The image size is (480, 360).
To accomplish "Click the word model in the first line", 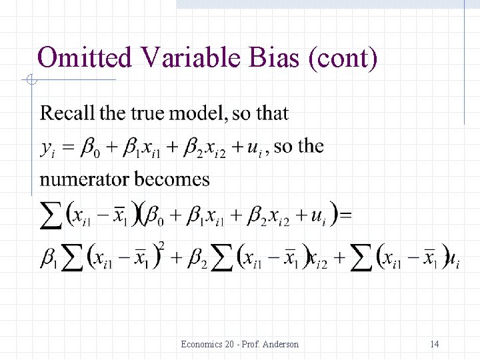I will click(198, 113).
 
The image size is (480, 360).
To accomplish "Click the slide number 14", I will click(434, 344).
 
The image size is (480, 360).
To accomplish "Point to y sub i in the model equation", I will click(47, 149).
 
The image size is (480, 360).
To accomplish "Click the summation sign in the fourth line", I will click(53, 215).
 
